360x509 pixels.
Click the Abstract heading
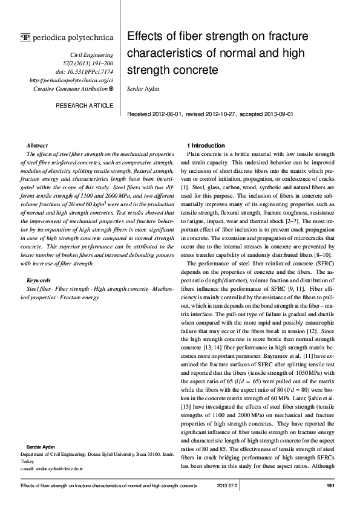(38, 146)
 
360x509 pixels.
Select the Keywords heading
(39, 280)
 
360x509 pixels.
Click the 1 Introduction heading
(206, 146)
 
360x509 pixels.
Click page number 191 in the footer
(330, 486)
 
